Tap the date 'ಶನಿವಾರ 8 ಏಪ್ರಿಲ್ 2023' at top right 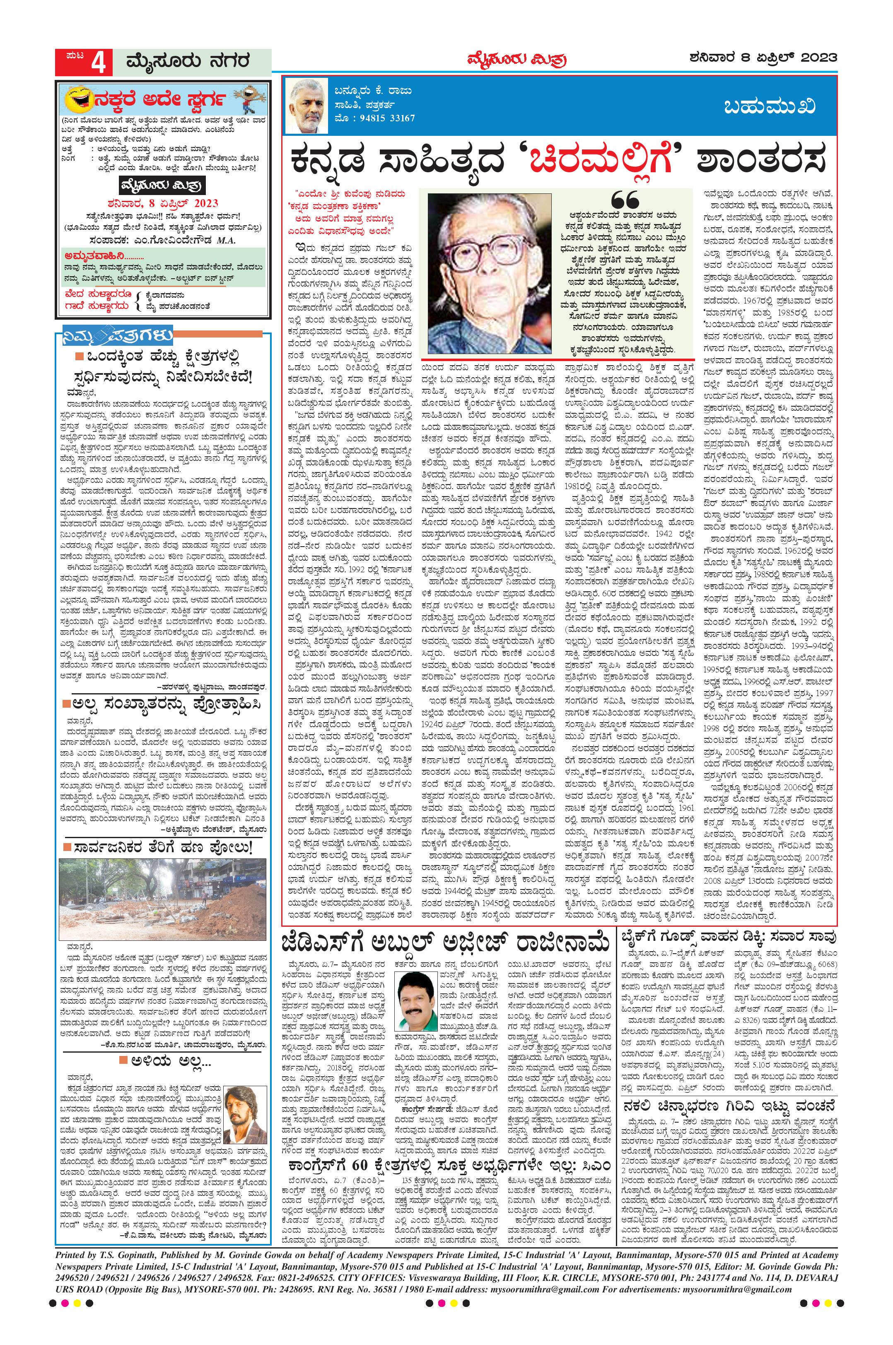762,58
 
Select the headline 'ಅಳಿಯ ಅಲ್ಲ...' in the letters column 163,1044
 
